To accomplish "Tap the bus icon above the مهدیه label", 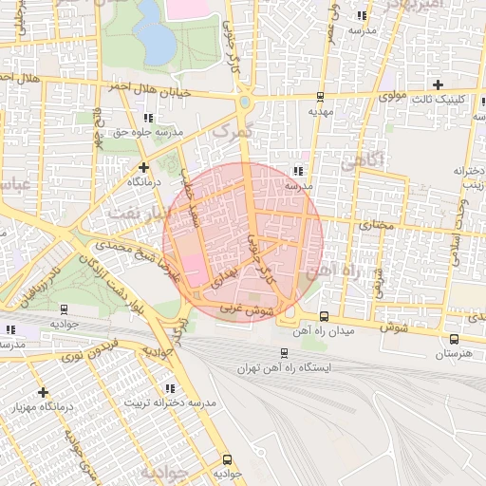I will (x=319, y=97).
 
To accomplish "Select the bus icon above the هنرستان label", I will (x=454, y=339).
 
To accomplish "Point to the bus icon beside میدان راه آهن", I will (x=325, y=316).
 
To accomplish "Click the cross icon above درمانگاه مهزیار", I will (x=43, y=392).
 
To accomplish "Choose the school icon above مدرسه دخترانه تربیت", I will (x=170, y=389).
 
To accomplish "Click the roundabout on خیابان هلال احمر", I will (x=245, y=102).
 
